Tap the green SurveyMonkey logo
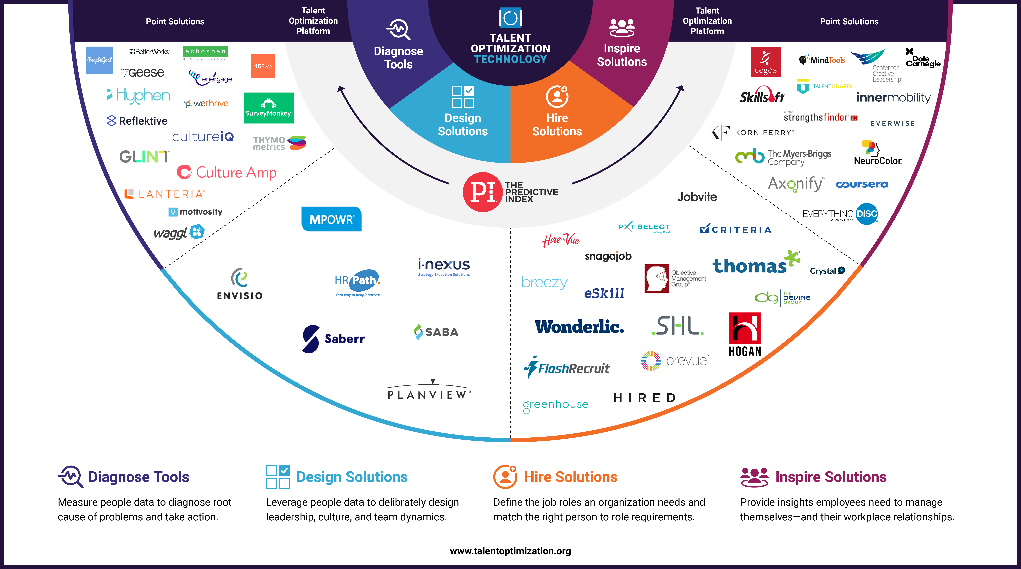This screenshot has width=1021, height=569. [268, 108]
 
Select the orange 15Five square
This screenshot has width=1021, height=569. [263, 66]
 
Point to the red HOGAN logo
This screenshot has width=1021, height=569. [745, 334]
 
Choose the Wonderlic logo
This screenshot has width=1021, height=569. [579, 327]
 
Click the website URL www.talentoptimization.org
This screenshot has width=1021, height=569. [510, 551]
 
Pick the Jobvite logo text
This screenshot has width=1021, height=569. [697, 197]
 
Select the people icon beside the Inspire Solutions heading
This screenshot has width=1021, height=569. [754, 477]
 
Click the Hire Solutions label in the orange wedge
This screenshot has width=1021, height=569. [557, 125]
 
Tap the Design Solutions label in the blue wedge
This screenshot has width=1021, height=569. [462, 125]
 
